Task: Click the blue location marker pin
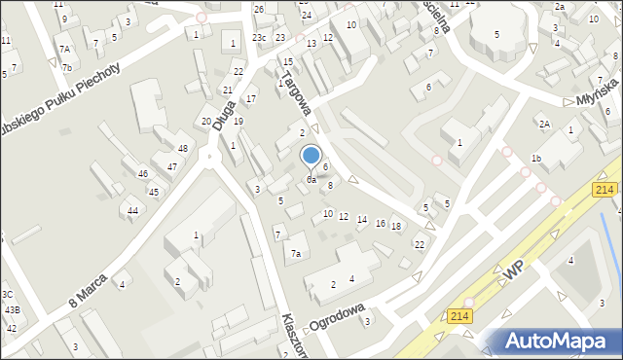click(x=311, y=157)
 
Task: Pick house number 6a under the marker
click(x=311, y=180)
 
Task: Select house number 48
click(x=183, y=148)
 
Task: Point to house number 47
click(x=172, y=166)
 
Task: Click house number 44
click(x=131, y=210)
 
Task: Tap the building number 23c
click(x=258, y=37)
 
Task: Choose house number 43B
click(x=13, y=309)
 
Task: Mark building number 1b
click(x=535, y=158)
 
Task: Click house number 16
click(x=380, y=224)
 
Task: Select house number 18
click(x=396, y=227)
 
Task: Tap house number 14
click(x=361, y=219)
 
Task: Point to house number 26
click(x=259, y=10)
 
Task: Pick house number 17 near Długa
click(x=251, y=99)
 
